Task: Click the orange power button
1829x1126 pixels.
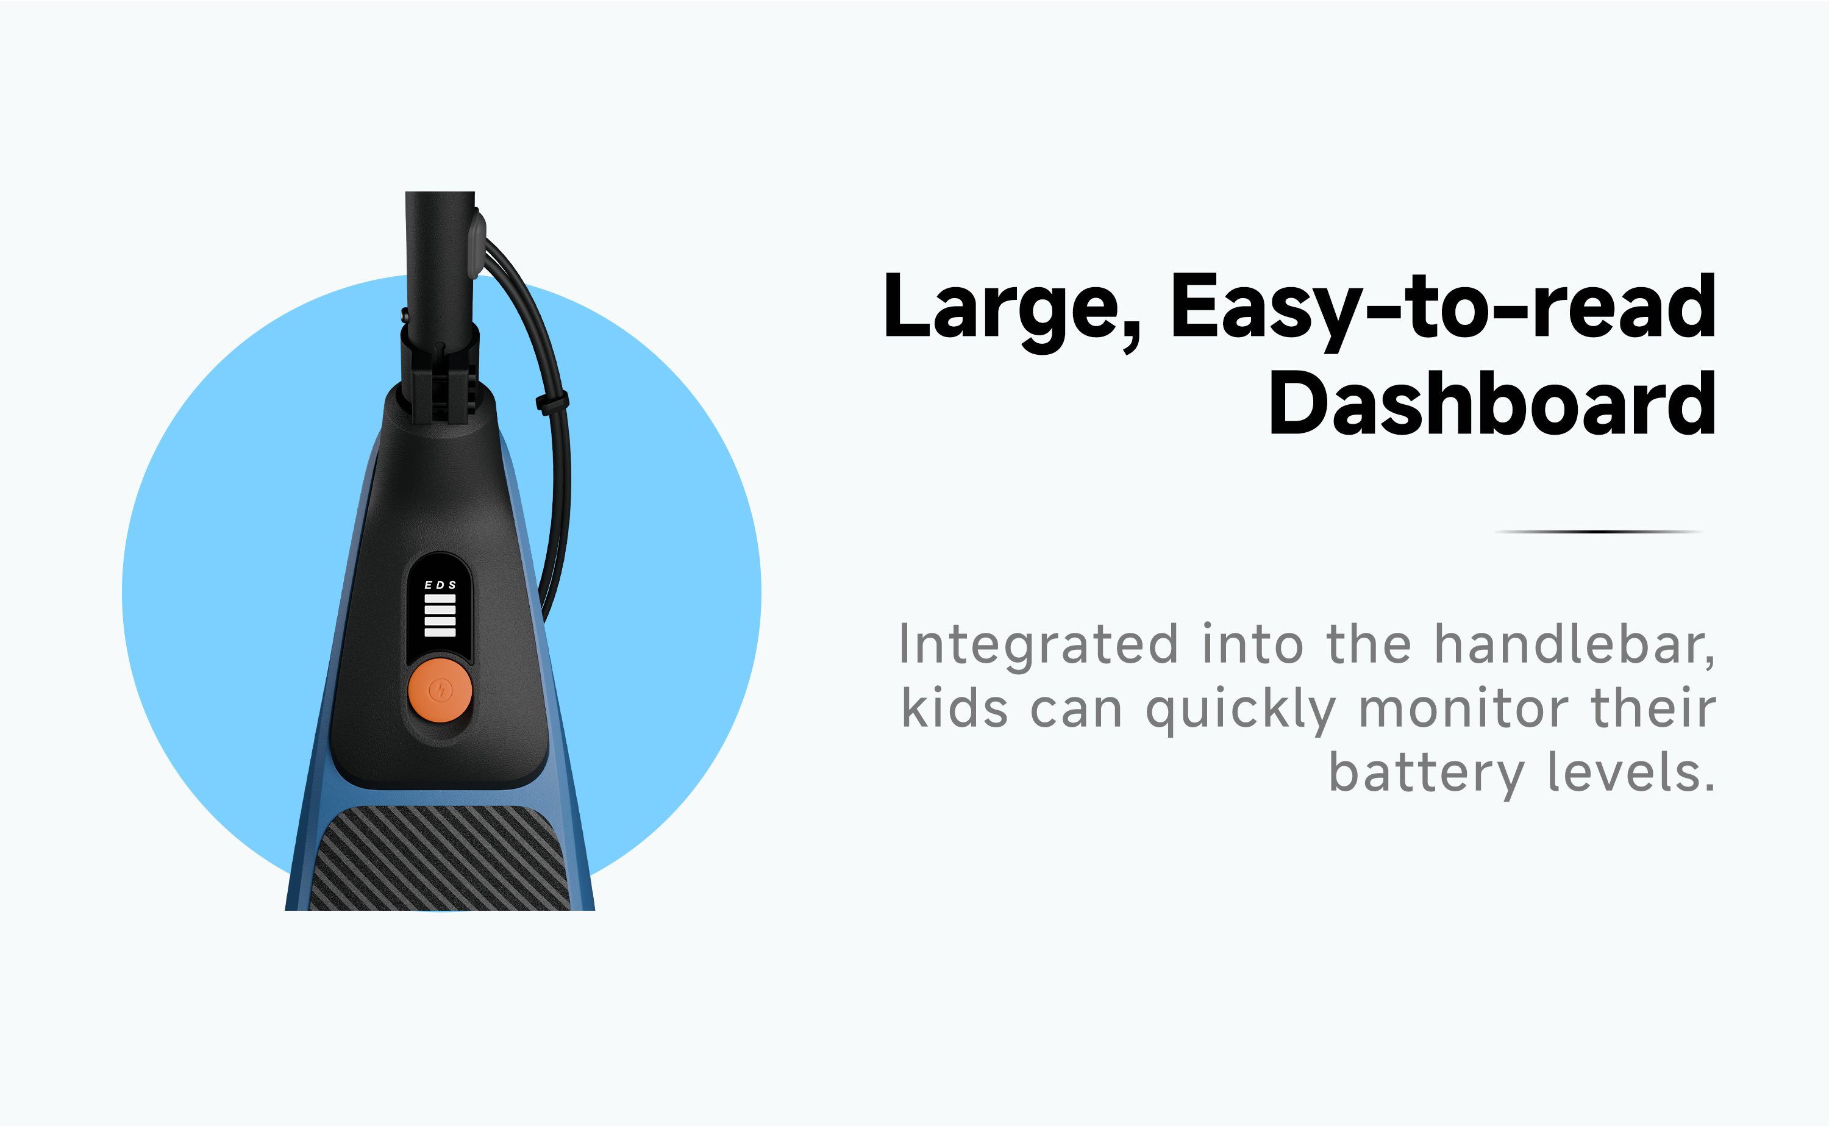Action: pyautogui.click(x=440, y=690)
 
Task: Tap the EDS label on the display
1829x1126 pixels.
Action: pyautogui.click(x=440, y=585)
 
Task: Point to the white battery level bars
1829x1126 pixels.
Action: pyautogui.click(x=440, y=616)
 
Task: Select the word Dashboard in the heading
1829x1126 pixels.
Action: pyautogui.click(x=1492, y=404)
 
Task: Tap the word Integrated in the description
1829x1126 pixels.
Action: pyautogui.click(x=1039, y=646)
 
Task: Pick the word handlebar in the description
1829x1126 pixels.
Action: pyautogui.click(x=1574, y=644)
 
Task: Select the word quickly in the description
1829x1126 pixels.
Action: pyautogui.click(x=1241, y=710)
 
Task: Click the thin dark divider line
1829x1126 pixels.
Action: pyautogui.click(x=1598, y=532)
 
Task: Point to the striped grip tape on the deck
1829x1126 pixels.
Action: pyautogui.click(x=440, y=858)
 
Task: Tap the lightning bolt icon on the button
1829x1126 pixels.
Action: pyautogui.click(x=440, y=690)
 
